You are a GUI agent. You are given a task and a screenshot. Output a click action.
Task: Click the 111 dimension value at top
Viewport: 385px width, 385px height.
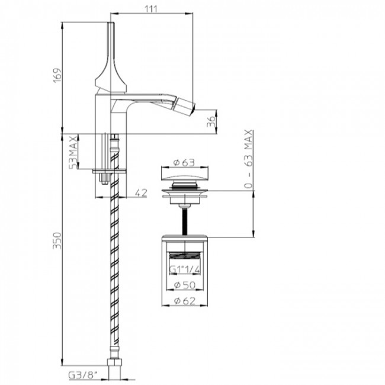click(x=150, y=9)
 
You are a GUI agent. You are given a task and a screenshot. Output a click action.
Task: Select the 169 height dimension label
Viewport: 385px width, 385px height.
click(x=57, y=75)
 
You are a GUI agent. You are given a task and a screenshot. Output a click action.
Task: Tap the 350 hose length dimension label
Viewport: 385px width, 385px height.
click(x=57, y=240)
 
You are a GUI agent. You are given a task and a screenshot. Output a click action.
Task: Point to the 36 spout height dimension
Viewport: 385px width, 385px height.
click(x=211, y=121)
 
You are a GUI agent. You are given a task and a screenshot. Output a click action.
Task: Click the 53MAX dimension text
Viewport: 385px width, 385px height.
click(x=73, y=152)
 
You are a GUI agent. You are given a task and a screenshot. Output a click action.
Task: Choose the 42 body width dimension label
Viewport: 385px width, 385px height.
click(x=141, y=192)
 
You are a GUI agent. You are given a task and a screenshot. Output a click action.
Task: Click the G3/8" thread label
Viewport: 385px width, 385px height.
click(x=83, y=376)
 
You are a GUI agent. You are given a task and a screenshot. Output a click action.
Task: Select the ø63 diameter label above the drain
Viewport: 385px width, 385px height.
click(x=184, y=162)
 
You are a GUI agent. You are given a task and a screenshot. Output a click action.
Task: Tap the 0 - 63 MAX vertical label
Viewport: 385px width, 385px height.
click(x=249, y=159)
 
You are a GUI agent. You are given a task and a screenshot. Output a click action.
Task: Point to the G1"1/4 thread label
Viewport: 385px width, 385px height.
click(x=185, y=269)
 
